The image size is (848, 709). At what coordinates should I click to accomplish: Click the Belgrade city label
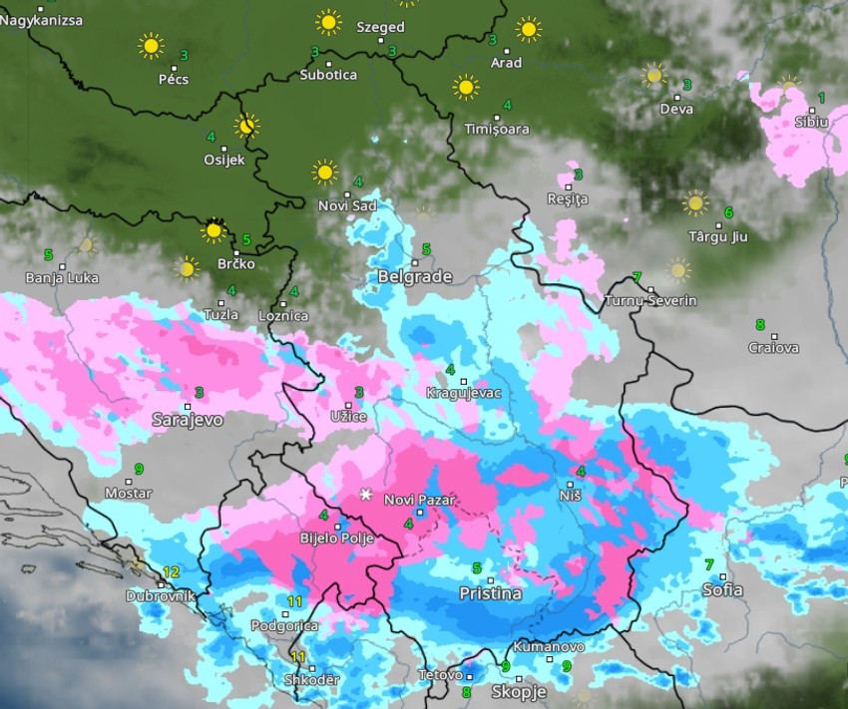coord(415,276)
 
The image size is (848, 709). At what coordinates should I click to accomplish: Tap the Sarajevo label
coord(188,420)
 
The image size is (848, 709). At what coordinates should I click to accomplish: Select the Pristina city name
coord(490,593)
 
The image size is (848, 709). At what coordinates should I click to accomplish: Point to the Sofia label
coord(722,589)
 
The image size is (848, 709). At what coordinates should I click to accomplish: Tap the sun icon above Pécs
coord(151,45)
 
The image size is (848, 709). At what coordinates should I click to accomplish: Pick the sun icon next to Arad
coord(529,29)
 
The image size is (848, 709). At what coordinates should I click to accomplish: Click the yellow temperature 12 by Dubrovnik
coord(172,572)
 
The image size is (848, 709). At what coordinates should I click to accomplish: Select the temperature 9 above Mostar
coord(139,469)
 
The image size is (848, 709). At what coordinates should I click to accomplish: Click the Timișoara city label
coord(497,129)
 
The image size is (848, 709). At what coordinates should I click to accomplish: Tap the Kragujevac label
coord(463,393)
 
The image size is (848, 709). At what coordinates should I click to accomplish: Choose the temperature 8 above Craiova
coord(760,324)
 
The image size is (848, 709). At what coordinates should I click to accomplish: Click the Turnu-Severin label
coord(650,300)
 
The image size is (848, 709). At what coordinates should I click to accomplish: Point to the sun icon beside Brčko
coord(212,231)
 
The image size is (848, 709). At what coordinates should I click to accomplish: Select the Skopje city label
coord(519,691)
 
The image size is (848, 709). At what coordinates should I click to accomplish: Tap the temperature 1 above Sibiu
coord(821,98)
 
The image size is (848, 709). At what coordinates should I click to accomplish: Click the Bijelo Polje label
coord(336,538)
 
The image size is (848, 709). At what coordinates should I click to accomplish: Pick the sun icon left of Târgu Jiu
coord(695,203)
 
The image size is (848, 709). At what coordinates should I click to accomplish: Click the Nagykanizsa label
coord(42,20)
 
